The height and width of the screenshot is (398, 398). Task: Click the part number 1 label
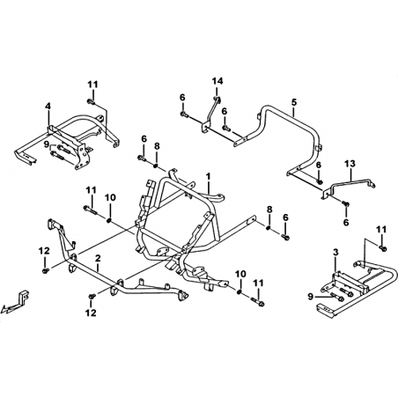(209, 177)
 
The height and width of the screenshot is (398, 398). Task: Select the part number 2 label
(98, 258)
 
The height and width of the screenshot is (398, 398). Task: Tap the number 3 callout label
(335, 252)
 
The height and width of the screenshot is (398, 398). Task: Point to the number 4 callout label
(48, 106)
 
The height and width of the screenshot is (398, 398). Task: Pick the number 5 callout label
(294, 102)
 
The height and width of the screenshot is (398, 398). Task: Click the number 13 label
(350, 164)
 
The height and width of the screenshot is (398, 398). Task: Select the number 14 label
(217, 81)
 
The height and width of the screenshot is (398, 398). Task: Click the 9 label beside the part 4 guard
(46, 144)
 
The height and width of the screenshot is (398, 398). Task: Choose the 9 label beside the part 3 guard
(311, 297)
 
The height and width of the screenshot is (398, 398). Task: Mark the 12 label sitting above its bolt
(44, 251)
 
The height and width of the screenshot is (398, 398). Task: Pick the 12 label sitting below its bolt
(91, 313)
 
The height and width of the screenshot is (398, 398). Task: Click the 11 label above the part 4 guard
(92, 85)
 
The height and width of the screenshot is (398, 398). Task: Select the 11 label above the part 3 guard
(381, 230)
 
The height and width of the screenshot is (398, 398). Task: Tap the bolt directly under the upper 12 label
(46, 270)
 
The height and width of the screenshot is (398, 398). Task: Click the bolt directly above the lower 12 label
(92, 297)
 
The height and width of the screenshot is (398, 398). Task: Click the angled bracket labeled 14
(211, 113)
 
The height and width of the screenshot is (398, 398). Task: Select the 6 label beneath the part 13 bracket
(346, 222)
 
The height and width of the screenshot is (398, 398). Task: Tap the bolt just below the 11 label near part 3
(383, 248)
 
